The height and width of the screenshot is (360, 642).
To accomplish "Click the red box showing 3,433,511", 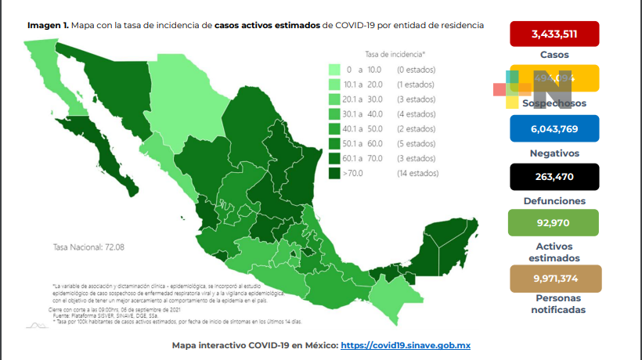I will point(554,34).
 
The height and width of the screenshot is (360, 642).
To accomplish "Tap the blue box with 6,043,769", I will point(554,128).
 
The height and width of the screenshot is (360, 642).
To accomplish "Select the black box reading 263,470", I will point(554,176).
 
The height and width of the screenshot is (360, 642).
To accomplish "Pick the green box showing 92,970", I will point(554,222).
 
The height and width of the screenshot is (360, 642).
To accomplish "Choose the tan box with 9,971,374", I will point(554,279).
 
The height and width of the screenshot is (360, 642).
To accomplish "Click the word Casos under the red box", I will point(554,56).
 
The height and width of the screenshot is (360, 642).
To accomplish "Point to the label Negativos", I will point(554,153).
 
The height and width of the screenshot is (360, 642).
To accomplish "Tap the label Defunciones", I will point(554,200).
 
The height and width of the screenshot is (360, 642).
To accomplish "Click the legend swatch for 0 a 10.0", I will point(335,70).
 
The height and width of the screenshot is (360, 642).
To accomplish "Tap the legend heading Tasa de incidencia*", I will point(395,54).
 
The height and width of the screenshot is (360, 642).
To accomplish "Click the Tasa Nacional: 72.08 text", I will point(88,247).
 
